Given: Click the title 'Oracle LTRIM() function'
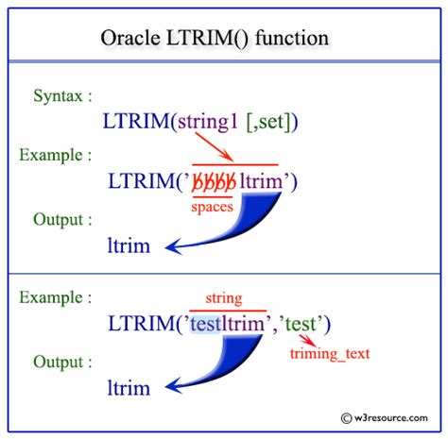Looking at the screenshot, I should pyautogui.click(x=224, y=41).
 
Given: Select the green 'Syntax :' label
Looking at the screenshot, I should pyautogui.click(x=63, y=95).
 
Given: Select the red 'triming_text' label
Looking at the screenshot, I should pyautogui.click(x=330, y=354).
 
